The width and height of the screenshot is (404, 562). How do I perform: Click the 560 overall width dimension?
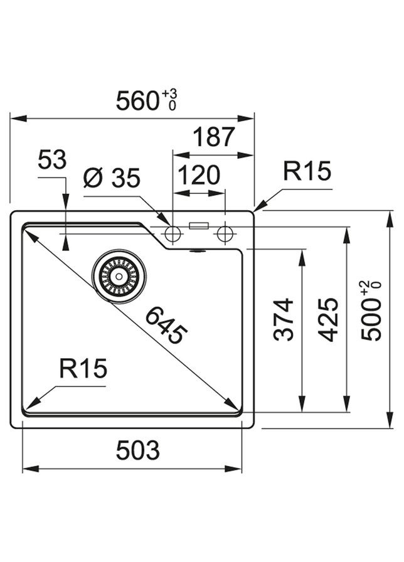(138, 100)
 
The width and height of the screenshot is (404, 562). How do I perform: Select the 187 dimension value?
(213, 137)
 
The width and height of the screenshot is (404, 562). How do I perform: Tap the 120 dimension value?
(198, 176)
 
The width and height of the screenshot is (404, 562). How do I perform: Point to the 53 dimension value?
(51, 161)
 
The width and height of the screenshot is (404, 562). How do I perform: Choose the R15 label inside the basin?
(83, 369)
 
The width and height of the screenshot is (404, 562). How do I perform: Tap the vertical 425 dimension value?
(329, 319)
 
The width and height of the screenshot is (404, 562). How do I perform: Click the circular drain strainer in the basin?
(119, 275)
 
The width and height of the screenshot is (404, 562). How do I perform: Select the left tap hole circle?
(173, 234)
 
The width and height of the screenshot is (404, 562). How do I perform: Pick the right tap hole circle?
(224, 234)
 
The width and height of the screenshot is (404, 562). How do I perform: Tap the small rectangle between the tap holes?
(199, 225)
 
